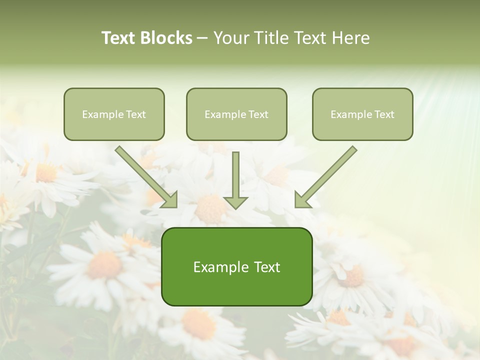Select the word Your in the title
(231, 38)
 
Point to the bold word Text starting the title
(119, 38)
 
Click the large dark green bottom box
(236, 287)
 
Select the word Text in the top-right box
(384, 114)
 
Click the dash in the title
(203, 38)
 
